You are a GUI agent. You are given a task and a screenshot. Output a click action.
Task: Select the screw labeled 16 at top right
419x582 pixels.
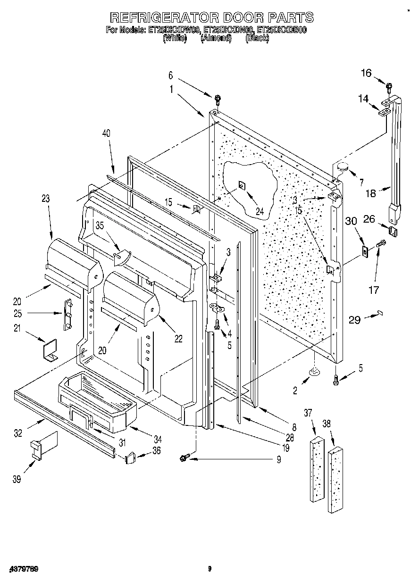[389, 86]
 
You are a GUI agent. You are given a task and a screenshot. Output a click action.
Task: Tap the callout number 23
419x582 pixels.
[45, 199]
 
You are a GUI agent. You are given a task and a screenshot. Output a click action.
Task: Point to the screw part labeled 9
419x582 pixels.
[184, 457]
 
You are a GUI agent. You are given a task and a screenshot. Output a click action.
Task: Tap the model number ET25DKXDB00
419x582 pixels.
[281, 30]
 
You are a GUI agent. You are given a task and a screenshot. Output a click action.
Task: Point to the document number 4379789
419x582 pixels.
[23, 569]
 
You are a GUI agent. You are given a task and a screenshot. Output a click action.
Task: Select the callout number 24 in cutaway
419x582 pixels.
[260, 211]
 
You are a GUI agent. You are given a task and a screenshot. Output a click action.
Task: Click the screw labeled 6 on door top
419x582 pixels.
[218, 99]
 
